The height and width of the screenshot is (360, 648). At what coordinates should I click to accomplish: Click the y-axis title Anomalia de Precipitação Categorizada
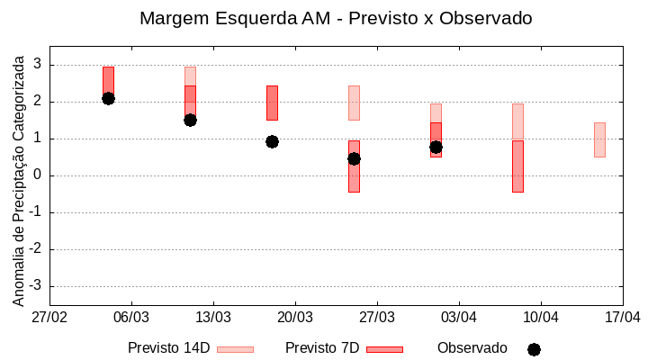(19, 177)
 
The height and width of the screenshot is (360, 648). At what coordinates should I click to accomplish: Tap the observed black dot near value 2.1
(108, 98)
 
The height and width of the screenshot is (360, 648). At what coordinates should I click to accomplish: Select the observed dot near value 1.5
(190, 120)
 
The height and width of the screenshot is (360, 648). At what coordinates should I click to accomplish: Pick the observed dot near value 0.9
(272, 141)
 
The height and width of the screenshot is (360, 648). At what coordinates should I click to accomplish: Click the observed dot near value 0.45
(354, 158)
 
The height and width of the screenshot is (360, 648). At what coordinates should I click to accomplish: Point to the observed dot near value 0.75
(436, 147)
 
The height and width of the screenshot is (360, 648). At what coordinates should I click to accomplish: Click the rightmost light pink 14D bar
(599, 139)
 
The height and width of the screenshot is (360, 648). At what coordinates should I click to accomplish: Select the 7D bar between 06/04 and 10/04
(517, 166)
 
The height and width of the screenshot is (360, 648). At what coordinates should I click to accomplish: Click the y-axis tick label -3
(35, 286)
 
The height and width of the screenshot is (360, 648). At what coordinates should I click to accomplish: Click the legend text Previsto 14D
(168, 348)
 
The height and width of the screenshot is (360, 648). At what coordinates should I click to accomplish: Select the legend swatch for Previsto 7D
(384, 349)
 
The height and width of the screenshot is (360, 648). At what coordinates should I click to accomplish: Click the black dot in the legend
(534, 349)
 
